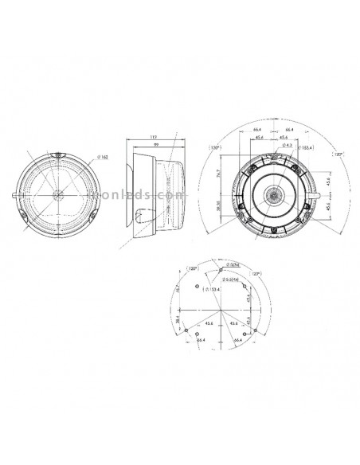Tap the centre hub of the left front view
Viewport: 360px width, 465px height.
58,193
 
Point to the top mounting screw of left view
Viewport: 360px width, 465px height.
60,154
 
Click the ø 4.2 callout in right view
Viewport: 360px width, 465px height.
288,144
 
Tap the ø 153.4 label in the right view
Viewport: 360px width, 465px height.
304,147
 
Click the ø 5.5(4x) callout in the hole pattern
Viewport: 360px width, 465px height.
232,279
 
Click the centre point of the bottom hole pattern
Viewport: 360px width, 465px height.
215,309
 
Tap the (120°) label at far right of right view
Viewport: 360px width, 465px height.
338,154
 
